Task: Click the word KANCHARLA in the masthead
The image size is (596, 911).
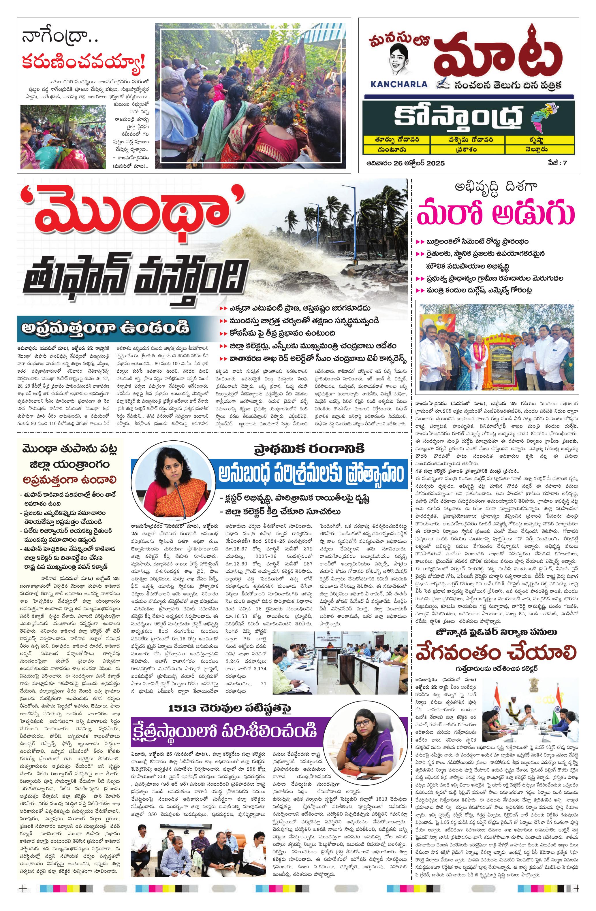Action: (x=399, y=84)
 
